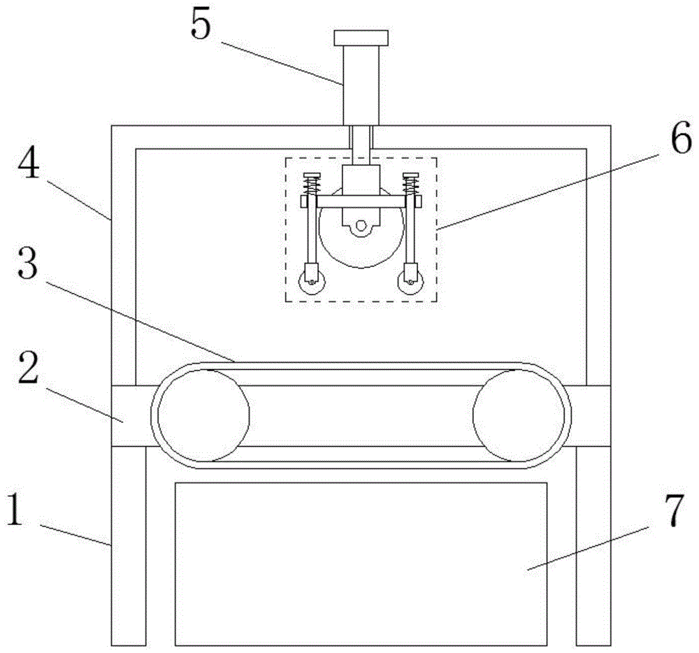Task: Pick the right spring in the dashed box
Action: pos(410,187)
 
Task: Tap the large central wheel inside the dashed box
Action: pos(360,245)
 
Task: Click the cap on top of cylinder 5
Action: pos(361,37)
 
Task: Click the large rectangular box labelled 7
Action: pos(361,563)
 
